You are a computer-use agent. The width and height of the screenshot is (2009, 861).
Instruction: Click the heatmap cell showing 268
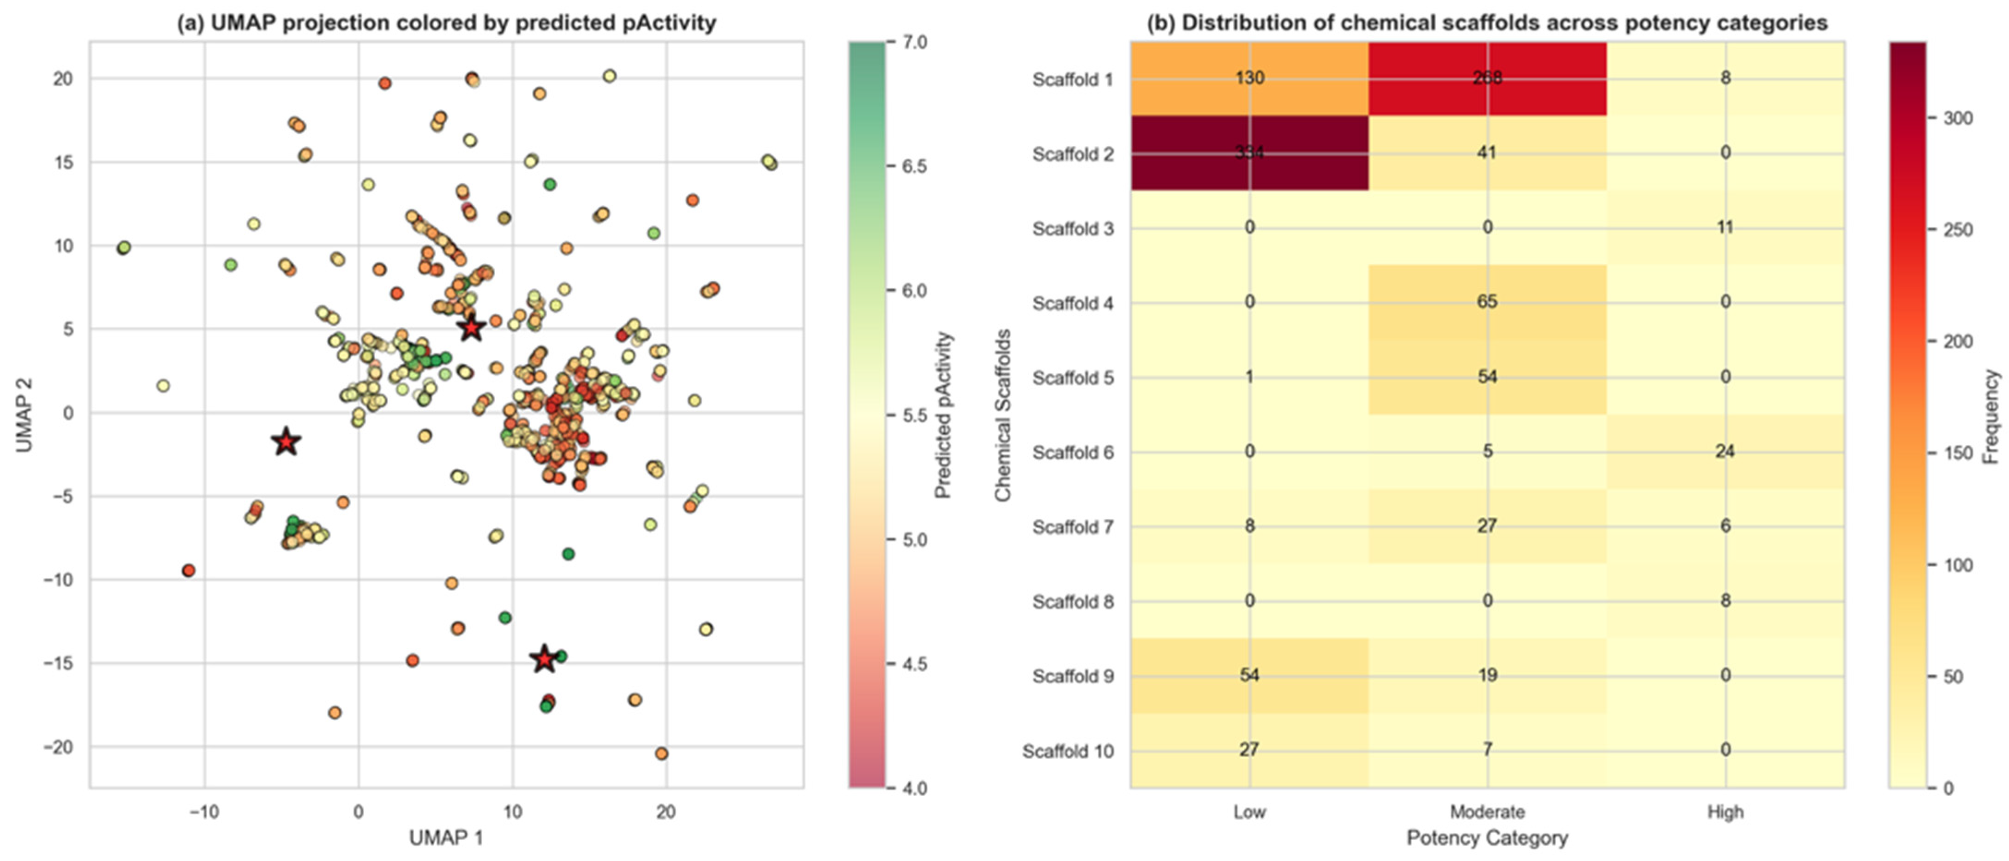point(1487,78)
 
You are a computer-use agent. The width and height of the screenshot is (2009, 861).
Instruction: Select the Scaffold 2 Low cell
point(1249,153)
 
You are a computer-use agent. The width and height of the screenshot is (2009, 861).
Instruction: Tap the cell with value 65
point(1487,302)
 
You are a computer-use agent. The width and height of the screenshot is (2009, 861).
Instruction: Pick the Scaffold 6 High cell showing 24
point(1724,452)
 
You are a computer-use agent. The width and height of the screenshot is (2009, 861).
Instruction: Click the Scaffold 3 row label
point(1073,229)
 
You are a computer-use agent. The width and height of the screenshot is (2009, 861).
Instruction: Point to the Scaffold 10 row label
point(1068,752)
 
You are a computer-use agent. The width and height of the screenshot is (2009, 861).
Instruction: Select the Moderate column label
point(1487,812)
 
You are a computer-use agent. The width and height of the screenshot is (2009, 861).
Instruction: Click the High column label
point(1724,812)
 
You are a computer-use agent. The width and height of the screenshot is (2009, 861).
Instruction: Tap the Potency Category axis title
point(1487,838)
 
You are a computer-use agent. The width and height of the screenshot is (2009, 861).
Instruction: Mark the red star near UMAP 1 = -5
point(286,442)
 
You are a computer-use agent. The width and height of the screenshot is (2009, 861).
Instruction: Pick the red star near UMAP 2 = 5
point(471,329)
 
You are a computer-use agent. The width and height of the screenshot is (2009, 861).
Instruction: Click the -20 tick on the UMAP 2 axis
point(59,747)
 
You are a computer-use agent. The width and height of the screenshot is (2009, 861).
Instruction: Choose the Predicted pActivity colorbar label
point(944,415)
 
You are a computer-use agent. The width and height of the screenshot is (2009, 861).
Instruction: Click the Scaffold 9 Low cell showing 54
point(1249,676)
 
